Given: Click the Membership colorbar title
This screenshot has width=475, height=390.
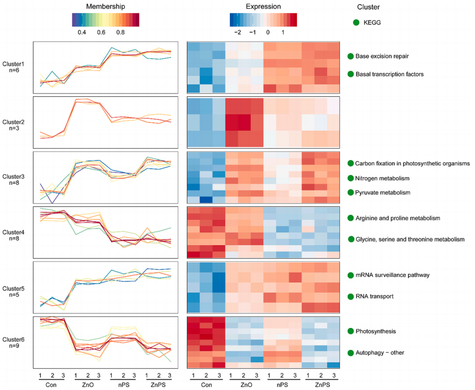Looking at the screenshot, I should (x=106, y=7).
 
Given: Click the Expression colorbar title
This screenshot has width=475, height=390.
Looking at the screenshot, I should (x=263, y=7).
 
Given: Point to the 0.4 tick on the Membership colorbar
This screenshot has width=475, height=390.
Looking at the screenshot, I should (x=82, y=32).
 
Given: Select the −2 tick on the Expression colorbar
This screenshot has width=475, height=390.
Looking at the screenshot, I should (x=237, y=32).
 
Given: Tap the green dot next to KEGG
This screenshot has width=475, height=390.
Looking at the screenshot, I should (x=356, y=22).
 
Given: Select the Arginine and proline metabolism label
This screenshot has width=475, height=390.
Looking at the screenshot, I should (x=398, y=217).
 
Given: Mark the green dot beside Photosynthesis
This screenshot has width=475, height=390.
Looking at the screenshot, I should (x=351, y=331).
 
